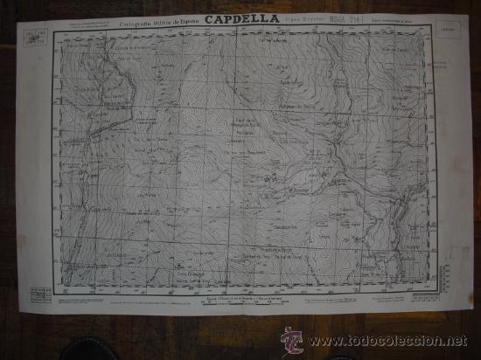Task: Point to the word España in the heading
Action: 194,16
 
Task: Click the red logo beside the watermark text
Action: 289,340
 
